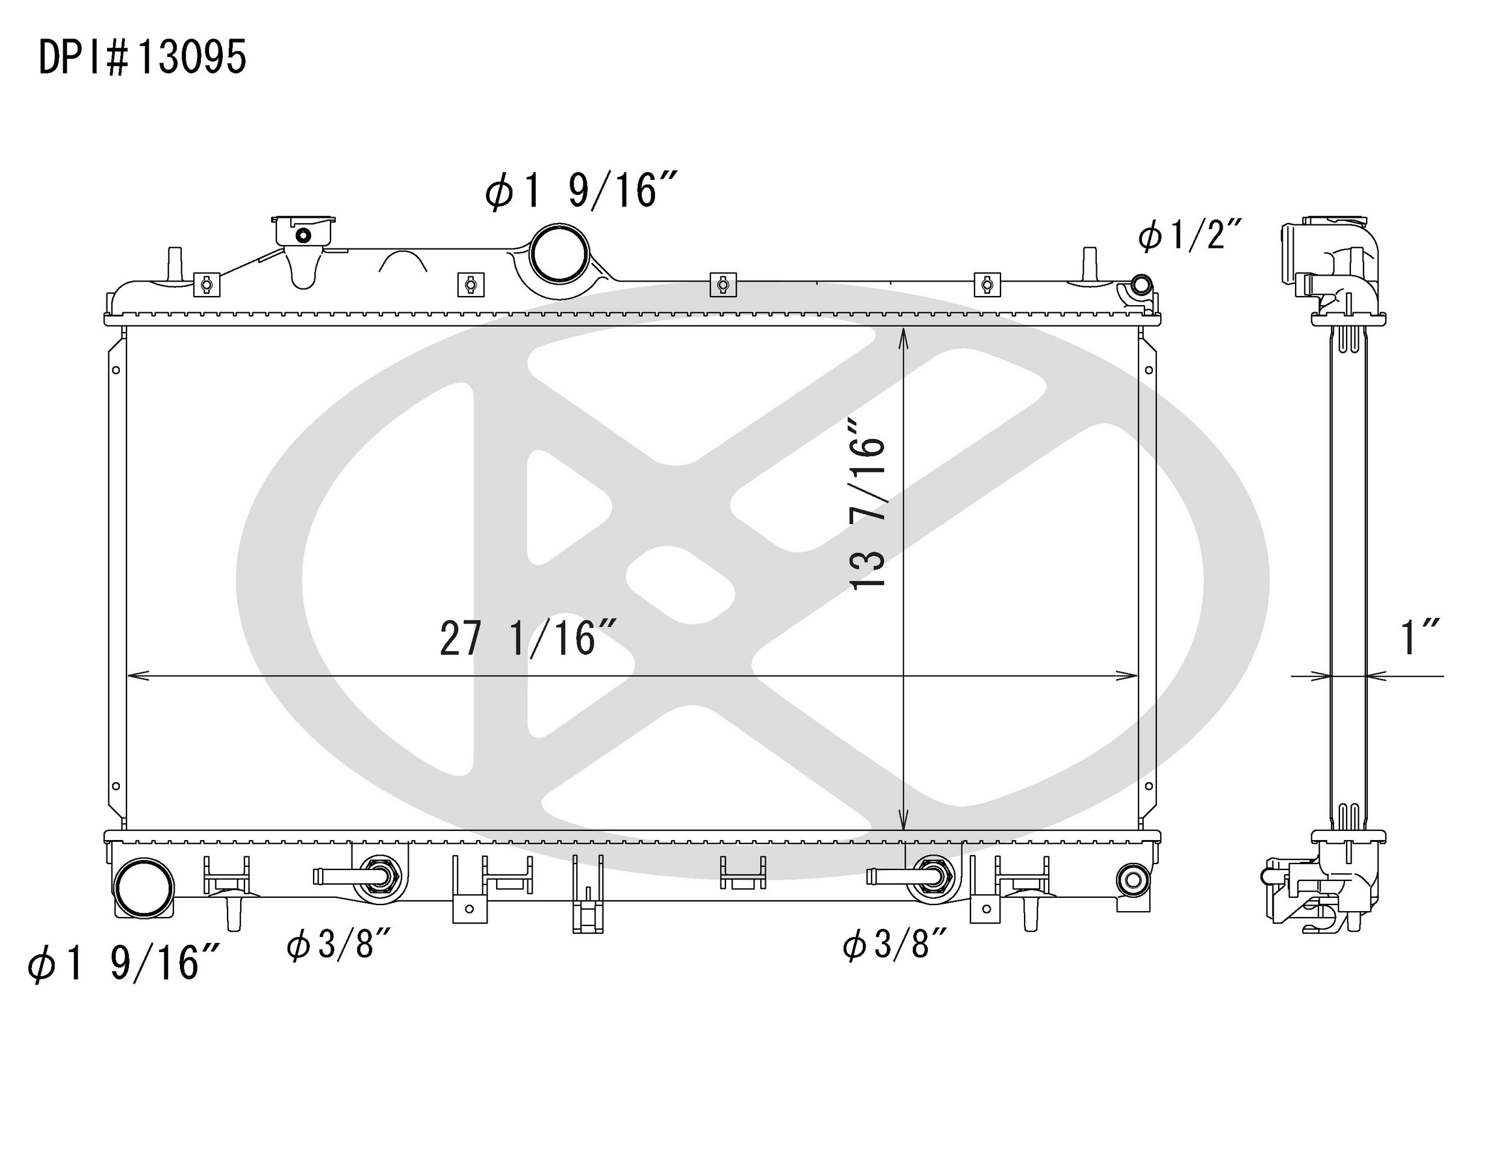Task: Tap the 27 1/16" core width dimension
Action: pyautogui.click(x=527, y=638)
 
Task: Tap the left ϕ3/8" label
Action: pyautogui.click(x=339, y=944)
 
